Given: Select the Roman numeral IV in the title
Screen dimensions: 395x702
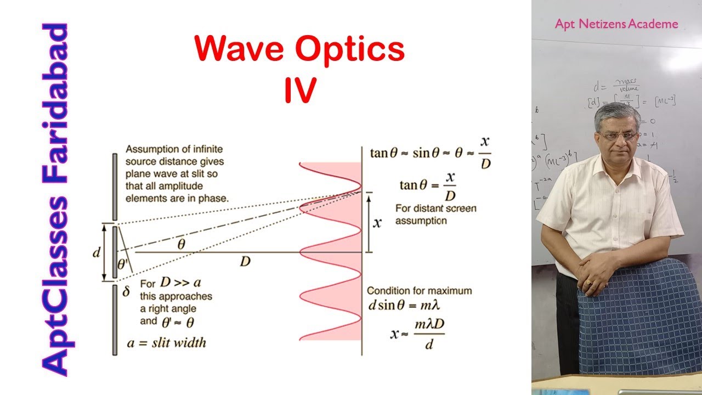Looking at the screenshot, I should coord(300,91).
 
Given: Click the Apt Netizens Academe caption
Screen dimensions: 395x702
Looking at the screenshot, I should coord(616,24).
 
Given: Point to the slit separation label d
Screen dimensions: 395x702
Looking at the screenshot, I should coord(97,253).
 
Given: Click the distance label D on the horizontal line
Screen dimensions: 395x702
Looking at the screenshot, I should coord(245,262).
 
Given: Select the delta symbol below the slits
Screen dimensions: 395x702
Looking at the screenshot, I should coord(126,292).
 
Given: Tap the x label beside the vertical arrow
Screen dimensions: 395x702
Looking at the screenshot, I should coord(377,222).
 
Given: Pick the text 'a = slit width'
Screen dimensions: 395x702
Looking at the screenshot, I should coord(166,343).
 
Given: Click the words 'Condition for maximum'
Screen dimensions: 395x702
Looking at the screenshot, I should coord(419,291).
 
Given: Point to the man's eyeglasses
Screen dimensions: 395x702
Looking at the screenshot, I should coord(618,136).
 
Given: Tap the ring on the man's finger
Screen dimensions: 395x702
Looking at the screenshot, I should coord(588,283).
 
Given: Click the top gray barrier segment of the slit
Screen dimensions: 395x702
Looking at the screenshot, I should coord(115,187).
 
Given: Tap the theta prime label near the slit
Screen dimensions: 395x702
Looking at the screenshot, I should coord(122,264).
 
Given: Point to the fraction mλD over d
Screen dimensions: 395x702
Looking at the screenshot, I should coord(429,334).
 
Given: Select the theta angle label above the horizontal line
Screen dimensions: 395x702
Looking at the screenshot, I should coord(181,245).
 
